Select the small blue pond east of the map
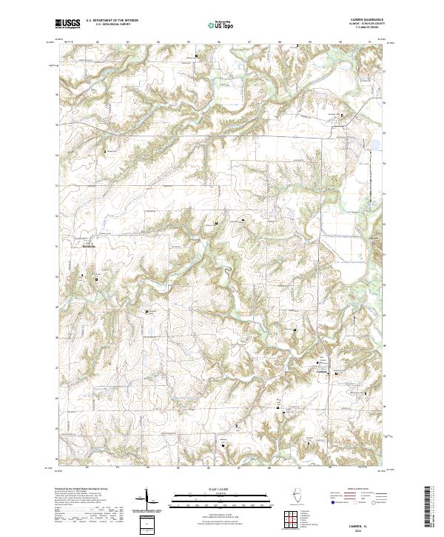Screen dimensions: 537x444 [375, 144]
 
